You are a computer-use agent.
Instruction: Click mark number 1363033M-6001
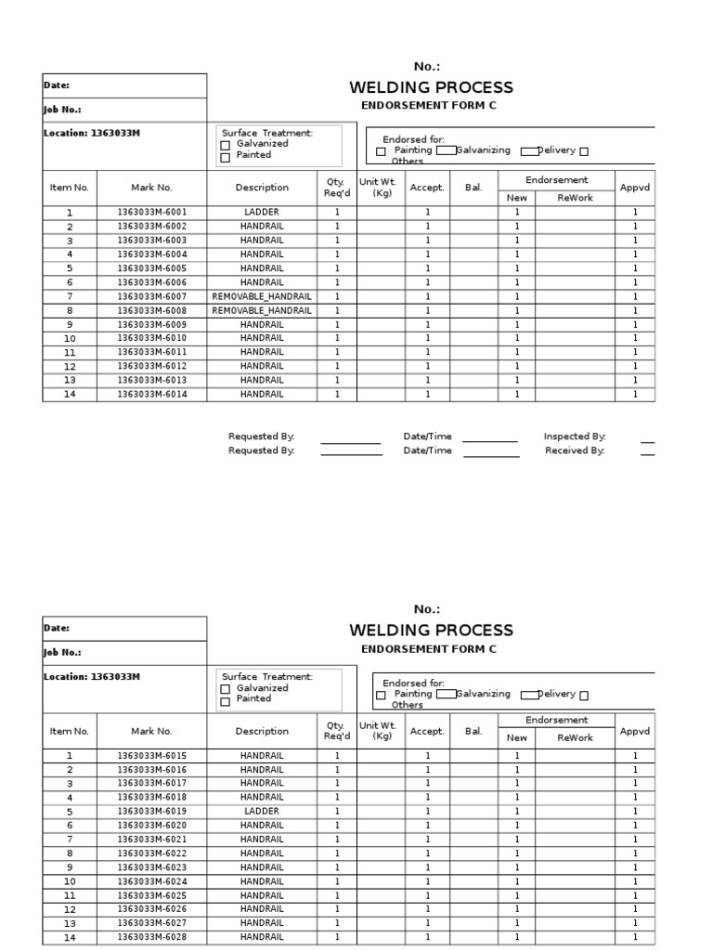point(151,213)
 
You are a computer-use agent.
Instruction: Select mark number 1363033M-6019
point(151,812)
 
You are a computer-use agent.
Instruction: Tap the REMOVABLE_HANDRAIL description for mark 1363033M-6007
point(262,296)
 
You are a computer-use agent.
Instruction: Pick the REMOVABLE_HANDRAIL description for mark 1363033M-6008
point(262,310)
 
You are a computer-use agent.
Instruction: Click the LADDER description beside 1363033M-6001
point(262,213)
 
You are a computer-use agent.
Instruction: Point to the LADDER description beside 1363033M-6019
point(262,812)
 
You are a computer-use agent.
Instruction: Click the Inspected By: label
point(575,436)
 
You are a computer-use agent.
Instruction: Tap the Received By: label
point(575,450)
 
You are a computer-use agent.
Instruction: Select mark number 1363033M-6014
point(151,394)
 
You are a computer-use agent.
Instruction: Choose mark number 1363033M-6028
point(151,938)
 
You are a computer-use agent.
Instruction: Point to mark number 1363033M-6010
point(151,338)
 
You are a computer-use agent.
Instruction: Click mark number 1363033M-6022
point(151,853)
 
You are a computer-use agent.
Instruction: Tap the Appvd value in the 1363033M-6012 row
point(635,366)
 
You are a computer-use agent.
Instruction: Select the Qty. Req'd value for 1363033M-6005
point(337,268)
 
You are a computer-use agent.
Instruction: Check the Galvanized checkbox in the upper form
point(225,146)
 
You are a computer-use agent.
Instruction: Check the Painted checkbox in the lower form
point(225,701)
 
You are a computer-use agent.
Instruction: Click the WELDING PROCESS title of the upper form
point(431,88)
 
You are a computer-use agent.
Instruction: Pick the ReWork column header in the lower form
point(575,738)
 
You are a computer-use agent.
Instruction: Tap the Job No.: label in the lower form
point(62,653)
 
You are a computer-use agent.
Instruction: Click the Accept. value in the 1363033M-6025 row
point(428,895)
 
